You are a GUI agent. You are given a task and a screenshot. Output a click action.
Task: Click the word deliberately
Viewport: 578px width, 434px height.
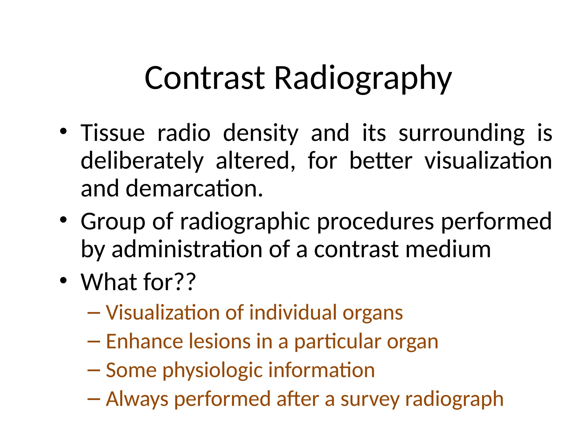tap(142, 160)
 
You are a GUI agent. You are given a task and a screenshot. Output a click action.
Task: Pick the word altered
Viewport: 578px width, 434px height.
tap(255, 160)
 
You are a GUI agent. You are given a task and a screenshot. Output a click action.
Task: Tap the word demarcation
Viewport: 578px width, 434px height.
tap(194, 188)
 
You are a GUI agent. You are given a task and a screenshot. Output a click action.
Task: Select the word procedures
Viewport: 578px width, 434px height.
tap(375, 222)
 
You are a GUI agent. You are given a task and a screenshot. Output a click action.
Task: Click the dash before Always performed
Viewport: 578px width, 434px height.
tap(94, 399)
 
